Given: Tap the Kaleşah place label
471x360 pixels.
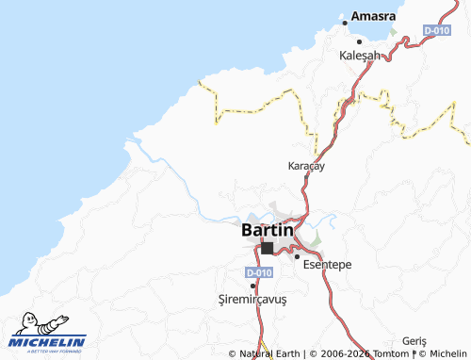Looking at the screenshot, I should [x=359, y=56].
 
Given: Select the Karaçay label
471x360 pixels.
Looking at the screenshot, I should [x=306, y=166].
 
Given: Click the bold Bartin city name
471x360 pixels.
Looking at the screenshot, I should [x=268, y=229].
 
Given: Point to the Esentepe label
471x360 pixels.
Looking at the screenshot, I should [x=328, y=265].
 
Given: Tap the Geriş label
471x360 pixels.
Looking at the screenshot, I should [x=414, y=340].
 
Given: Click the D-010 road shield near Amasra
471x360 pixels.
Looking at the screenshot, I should [x=436, y=30].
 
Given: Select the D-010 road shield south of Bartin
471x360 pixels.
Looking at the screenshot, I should [x=259, y=272].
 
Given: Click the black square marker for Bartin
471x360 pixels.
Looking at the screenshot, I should [x=268, y=248].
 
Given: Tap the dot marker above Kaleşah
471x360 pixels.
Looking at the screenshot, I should [x=359, y=42].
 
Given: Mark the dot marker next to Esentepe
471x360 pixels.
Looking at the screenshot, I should [x=297, y=256].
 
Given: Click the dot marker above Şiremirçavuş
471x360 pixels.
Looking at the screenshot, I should [x=252, y=286].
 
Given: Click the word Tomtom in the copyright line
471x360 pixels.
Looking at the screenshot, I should [x=391, y=354].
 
